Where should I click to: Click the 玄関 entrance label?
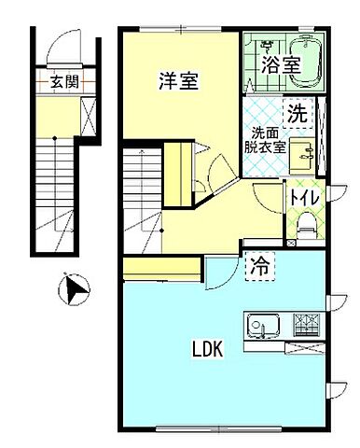64,82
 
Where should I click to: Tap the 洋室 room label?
176,82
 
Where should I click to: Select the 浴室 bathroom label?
280,65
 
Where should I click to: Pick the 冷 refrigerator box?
259,265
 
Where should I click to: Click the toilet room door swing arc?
267,202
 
